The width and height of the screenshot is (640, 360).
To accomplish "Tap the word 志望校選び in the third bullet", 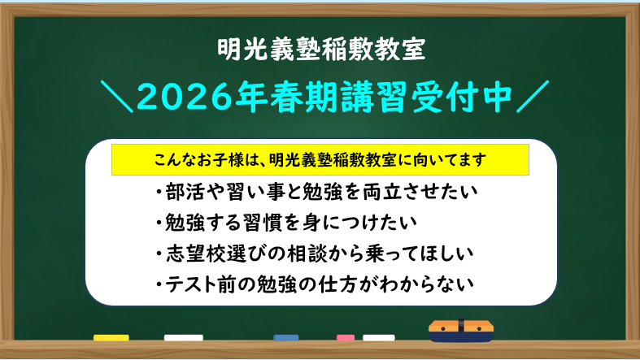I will coord(212,254).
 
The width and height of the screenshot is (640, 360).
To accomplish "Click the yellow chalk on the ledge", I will coord(111,336).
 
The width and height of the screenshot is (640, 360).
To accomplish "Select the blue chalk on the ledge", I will coord(286,336).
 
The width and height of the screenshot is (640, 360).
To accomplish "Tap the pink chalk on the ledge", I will coord(346,336).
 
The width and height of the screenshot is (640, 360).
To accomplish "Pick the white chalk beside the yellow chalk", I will coord(183,336).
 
